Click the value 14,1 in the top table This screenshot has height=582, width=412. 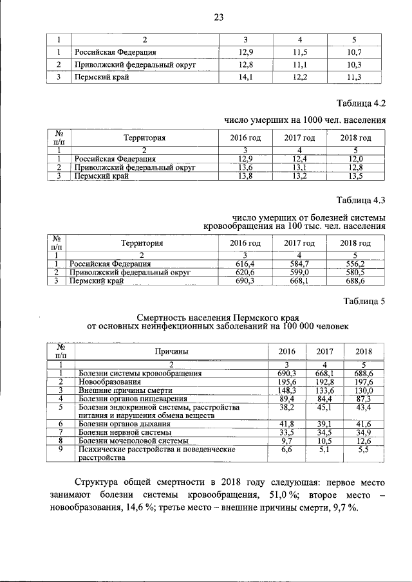(x=245, y=78)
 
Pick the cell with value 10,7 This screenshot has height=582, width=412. (x=350, y=51)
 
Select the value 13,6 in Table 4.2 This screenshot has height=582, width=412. (x=245, y=167)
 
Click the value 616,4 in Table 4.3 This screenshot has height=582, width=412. (x=245, y=264)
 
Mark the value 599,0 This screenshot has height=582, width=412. (x=300, y=273)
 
